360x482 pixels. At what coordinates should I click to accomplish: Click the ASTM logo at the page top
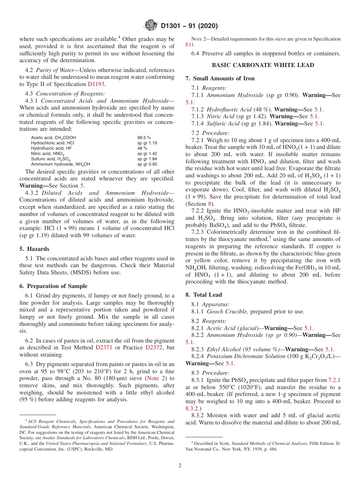pos(151,26)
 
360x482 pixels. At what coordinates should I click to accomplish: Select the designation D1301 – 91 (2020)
pos(189,26)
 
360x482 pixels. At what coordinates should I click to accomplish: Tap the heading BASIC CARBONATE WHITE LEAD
pos(263,65)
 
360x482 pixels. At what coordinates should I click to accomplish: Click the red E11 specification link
pos(189,44)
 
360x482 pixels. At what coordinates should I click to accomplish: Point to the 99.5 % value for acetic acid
pos(144,138)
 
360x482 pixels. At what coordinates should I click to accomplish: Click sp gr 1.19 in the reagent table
pos(147,143)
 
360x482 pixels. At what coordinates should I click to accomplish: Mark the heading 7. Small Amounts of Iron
pos(220,78)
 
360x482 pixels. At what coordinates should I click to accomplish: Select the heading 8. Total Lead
pos(203,294)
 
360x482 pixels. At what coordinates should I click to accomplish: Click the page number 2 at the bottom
pos(180,466)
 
